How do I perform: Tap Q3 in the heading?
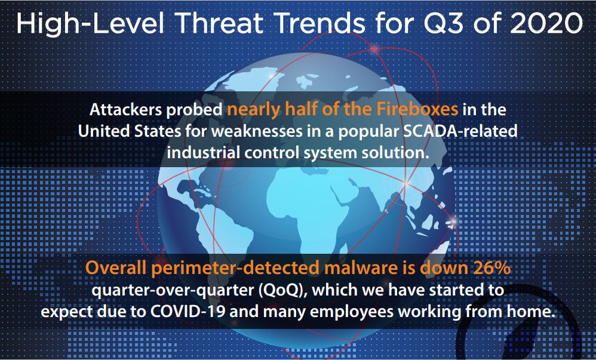coord(444,23)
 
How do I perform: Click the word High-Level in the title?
coord(90,23)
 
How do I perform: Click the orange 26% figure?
coord(491,269)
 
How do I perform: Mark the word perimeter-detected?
coord(235,269)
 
